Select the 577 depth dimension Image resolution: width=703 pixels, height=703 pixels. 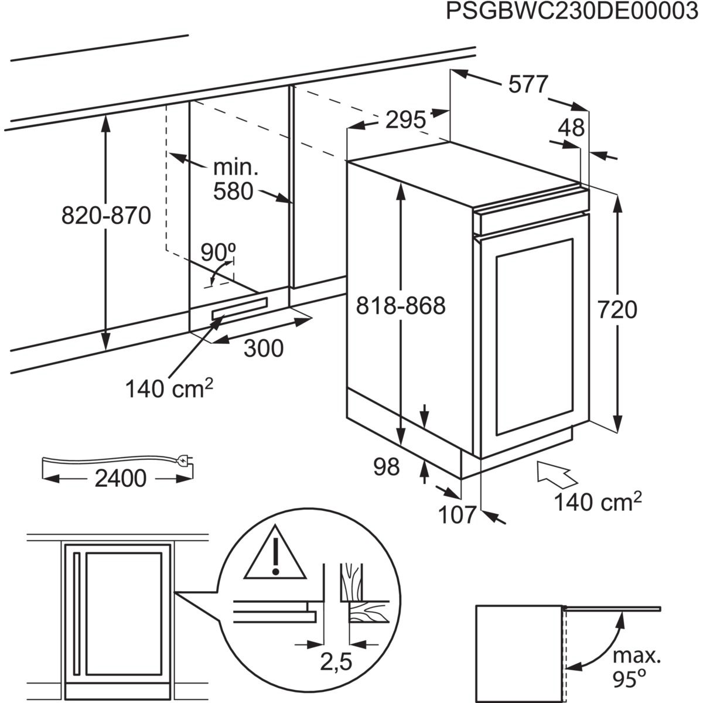527,85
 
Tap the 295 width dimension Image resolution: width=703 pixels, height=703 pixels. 405,121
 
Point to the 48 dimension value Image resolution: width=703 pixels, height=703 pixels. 571,128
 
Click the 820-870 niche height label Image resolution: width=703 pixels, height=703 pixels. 106,216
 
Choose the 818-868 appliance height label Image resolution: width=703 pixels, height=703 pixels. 402,305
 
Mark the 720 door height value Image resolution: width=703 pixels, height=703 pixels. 617,309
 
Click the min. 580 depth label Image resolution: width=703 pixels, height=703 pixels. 234,180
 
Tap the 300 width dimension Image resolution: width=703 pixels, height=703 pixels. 263,349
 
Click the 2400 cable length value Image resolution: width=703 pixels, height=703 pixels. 120,479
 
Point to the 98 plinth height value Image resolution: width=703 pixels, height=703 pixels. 385,467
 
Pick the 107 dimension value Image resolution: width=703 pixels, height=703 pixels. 457,515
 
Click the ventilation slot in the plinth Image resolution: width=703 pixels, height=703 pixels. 240,308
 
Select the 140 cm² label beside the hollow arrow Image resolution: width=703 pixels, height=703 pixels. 598,502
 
